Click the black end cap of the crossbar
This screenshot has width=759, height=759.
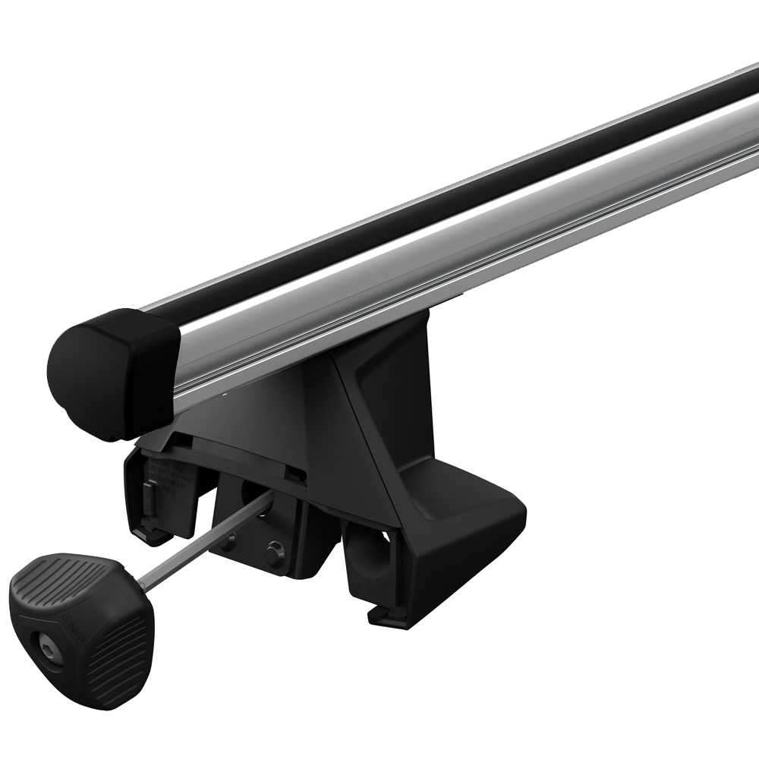pos(114,372)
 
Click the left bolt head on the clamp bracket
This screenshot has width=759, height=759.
pos(228,541)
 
